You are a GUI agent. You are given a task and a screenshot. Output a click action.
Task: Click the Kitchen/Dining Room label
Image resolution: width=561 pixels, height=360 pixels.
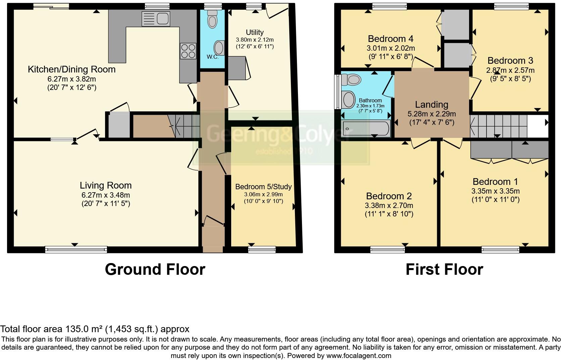tap(71, 69)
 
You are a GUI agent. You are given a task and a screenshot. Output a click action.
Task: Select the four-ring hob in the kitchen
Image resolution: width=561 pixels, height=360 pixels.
tap(188, 51)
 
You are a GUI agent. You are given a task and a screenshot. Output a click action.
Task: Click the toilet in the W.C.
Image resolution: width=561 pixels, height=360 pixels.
tap(212, 19)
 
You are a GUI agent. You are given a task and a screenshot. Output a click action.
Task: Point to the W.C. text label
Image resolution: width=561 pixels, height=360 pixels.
tap(212, 57)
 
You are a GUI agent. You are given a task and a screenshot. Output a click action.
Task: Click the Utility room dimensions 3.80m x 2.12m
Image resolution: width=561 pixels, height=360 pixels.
tap(255, 40)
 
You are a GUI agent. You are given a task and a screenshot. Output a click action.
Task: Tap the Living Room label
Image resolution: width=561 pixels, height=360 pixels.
tap(106, 185)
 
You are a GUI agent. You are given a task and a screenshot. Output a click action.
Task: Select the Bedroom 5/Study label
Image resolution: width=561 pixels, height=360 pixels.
tap(263, 187)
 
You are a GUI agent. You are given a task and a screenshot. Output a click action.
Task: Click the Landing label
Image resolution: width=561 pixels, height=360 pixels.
tap(431, 105)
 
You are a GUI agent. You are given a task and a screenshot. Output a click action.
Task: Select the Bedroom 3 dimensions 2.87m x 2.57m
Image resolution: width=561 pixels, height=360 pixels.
tap(510, 70)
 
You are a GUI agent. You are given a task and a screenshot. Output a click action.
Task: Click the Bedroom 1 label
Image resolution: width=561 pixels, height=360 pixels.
tap(495, 182)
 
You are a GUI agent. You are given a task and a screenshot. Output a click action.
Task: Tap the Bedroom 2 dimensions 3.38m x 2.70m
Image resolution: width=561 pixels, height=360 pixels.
tap(389, 205)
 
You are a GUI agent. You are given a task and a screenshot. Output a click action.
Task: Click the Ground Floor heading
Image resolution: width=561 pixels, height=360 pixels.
tap(155, 269)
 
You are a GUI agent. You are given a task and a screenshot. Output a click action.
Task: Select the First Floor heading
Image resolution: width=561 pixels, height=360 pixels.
tap(444, 269)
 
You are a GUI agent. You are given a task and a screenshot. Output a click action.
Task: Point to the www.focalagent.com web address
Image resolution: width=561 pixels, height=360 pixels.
tap(359, 356)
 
